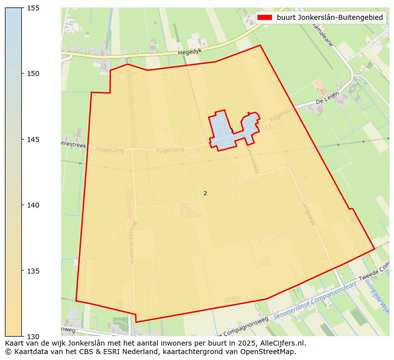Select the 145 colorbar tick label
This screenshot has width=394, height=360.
pyautogui.click(x=33, y=140)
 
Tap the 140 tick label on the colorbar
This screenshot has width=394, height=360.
pyautogui.click(x=33, y=205)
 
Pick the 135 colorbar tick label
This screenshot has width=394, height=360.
pyautogui.click(x=33, y=271)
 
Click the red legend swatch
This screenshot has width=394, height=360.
pyautogui.click(x=265, y=17)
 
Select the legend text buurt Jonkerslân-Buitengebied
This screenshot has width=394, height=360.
pyautogui.click(x=329, y=17)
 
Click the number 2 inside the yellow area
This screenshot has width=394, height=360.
pyautogui.click(x=205, y=193)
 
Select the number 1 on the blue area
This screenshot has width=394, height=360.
pyautogui.click(x=232, y=131)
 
